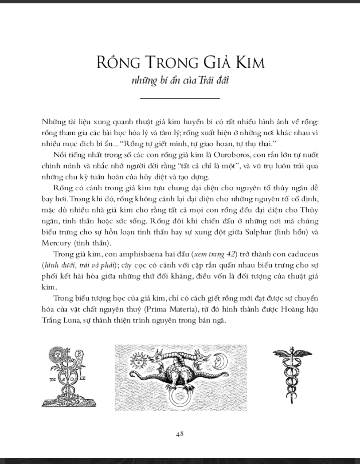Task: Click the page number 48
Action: [x=180, y=434]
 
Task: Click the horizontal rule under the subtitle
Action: [x=180, y=98]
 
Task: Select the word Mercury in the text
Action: [x=56, y=243]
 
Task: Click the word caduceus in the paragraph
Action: [x=301, y=254]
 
